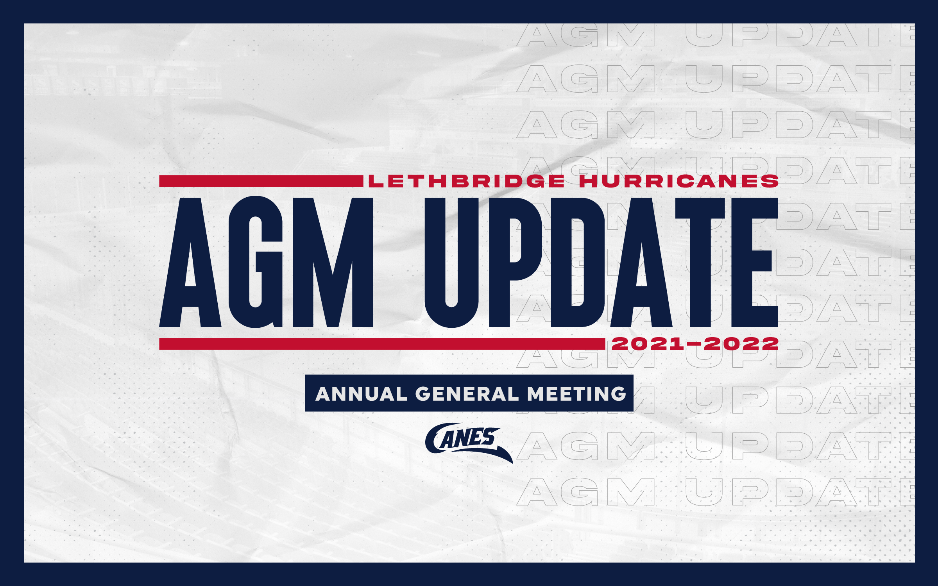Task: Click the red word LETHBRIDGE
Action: pos(467,181)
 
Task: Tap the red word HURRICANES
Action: pos(679,181)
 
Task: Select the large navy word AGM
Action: pos(267,262)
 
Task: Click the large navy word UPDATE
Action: pos(601,262)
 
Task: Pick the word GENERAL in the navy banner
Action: pos(467,394)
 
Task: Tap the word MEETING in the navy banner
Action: pos(577,394)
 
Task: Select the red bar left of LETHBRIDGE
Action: pos(261,181)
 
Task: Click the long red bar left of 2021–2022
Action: pos(382,344)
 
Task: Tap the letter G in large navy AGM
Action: pos(256,262)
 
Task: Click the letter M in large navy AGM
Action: pos(333,262)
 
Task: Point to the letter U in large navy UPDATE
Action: pos(451,263)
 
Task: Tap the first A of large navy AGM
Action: pos(190,262)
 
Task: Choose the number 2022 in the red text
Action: pos(741,344)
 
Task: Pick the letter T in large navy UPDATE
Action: pos(700,262)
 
